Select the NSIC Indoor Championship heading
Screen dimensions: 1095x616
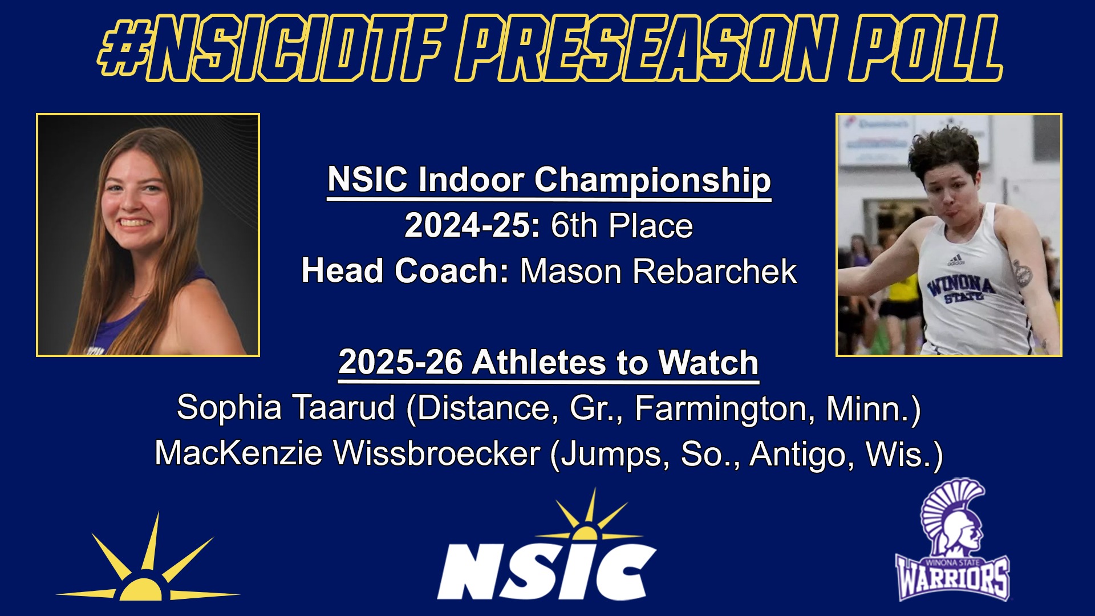tap(549, 181)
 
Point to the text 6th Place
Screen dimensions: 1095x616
tap(622, 226)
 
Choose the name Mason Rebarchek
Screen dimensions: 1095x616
tap(658, 271)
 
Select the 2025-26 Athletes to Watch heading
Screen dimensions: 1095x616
tap(549, 363)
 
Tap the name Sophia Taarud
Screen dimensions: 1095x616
tap(286, 408)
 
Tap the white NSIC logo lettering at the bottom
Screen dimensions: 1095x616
tap(546, 572)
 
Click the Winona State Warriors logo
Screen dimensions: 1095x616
tap(951, 540)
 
